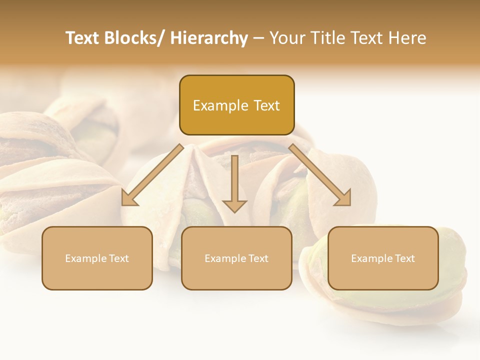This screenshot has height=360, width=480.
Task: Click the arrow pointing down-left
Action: (x=153, y=175)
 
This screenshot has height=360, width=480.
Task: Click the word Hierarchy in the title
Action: (x=209, y=38)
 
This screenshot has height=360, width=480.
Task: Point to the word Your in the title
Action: (x=286, y=38)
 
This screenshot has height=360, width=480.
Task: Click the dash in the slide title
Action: (x=258, y=38)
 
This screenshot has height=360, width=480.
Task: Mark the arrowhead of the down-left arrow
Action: (x=129, y=198)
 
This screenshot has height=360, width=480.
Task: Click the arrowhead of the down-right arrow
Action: (x=343, y=198)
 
